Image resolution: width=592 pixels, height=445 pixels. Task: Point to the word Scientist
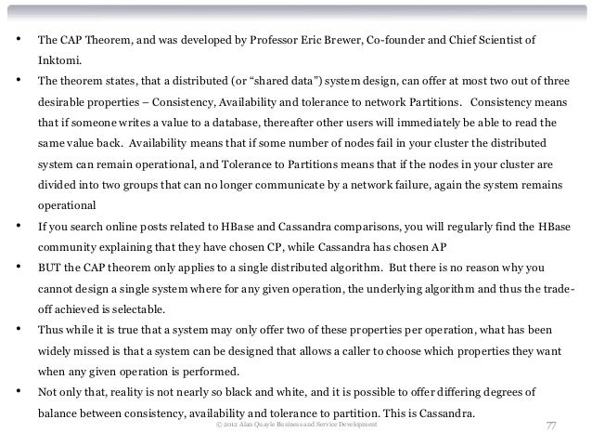tap(509, 41)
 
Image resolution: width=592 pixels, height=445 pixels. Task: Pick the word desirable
tap(62, 101)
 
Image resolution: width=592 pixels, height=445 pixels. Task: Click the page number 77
tap(549, 425)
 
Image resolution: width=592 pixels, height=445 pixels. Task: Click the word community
tap(69, 248)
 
